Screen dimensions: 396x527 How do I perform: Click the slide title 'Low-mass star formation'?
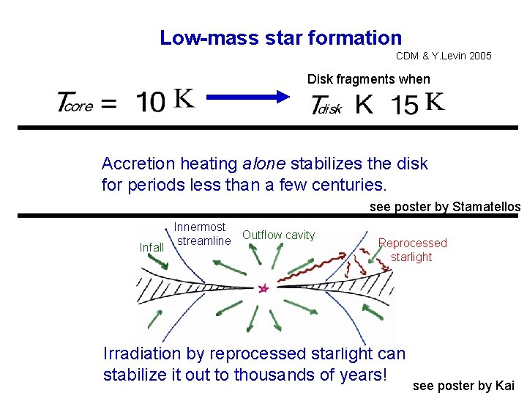(280, 38)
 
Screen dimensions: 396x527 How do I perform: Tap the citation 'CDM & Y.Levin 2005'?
(444, 56)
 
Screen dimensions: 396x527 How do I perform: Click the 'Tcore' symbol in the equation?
(75, 103)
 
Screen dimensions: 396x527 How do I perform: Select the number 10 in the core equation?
(151, 103)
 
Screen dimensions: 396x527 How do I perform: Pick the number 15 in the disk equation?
(405, 104)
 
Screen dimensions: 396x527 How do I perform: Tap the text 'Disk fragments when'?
(368, 79)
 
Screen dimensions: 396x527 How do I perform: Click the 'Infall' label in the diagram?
(152, 248)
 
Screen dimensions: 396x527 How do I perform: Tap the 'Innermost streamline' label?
(202, 234)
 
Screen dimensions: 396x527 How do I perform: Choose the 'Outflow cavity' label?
(278, 235)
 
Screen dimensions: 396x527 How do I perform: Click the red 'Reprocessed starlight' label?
(412, 249)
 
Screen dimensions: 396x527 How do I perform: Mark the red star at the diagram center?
(263, 289)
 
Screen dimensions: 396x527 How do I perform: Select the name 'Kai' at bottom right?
(505, 386)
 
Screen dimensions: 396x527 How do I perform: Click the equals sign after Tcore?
(108, 104)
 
